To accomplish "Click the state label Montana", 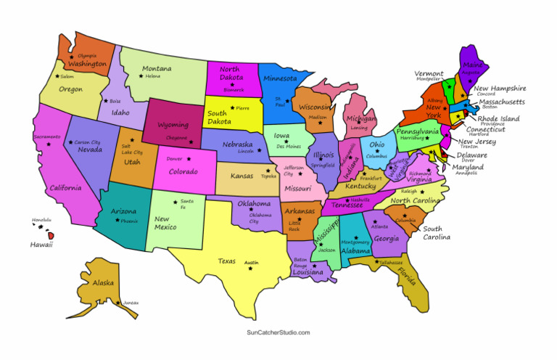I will [157, 69].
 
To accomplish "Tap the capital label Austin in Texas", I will [251, 262].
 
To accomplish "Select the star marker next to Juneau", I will [118, 303].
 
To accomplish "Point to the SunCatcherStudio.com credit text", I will [277, 332].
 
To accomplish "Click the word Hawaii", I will [41, 245].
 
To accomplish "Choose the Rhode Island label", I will [498, 118].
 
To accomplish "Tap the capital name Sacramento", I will [46, 136].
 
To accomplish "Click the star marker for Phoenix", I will [116, 221].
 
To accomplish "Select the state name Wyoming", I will [173, 125].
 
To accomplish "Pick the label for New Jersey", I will [476, 142].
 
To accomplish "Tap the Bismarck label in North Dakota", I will [234, 90].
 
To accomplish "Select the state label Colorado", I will [183, 171].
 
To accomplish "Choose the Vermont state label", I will [429, 73].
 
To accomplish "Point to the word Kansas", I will [242, 176].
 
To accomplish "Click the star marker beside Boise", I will [106, 101].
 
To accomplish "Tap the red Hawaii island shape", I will [51, 235].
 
